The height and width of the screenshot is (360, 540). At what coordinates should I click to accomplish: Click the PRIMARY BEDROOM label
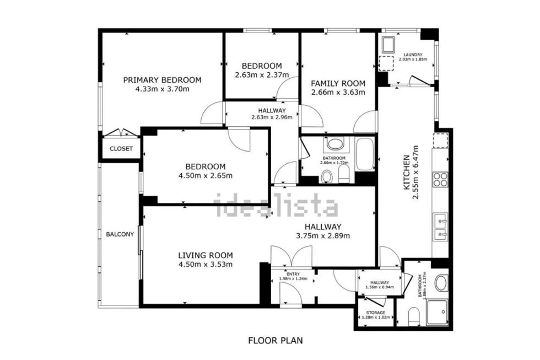pyautogui.click(x=162, y=79)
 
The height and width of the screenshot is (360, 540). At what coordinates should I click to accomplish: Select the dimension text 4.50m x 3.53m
pyautogui.click(x=205, y=264)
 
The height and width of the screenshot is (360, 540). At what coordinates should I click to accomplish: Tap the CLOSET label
pyautogui.click(x=121, y=149)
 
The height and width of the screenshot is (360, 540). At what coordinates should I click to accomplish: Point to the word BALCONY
pyautogui.click(x=120, y=234)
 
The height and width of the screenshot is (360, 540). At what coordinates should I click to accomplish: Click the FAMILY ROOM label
pyautogui.click(x=338, y=83)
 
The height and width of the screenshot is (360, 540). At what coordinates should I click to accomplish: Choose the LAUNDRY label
pyautogui.click(x=413, y=55)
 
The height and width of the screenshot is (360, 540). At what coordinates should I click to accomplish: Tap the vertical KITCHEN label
pyautogui.click(x=407, y=172)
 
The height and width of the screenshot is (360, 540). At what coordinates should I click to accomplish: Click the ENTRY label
pyautogui.click(x=292, y=273)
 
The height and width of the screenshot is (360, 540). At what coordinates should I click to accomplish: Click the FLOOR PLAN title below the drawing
pyautogui.click(x=275, y=340)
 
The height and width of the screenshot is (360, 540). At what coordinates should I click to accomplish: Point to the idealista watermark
pyautogui.click(x=276, y=205)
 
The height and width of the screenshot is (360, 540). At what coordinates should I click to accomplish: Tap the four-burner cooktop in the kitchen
pyautogui.click(x=440, y=179)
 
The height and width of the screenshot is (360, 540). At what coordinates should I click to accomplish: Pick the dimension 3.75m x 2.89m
pyautogui.click(x=323, y=235)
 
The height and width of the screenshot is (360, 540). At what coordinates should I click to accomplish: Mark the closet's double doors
pyautogui.click(x=121, y=133)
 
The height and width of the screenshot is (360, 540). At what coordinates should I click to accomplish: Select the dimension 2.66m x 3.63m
pyautogui.click(x=338, y=92)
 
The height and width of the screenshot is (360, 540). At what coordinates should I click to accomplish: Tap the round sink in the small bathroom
pyautogui.click(x=441, y=283)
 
